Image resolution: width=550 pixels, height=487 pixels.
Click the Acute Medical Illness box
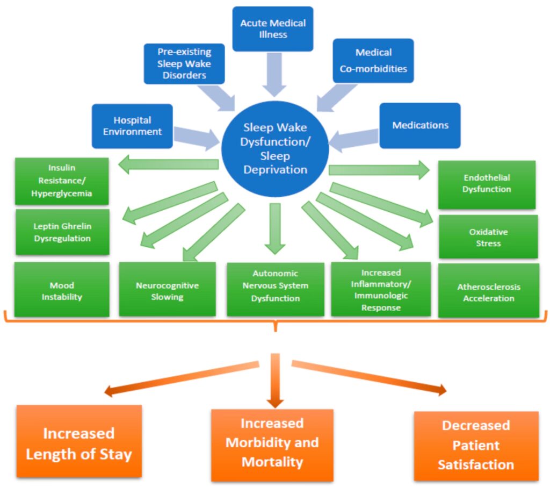click(x=272, y=29)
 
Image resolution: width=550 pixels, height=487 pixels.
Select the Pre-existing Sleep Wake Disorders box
click(x=184, y=64)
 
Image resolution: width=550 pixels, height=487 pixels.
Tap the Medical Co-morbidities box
click(x=373, y=61)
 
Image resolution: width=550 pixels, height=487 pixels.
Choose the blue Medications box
click(x=419, y=126)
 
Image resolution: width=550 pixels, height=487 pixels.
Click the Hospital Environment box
click(x=132, y=126)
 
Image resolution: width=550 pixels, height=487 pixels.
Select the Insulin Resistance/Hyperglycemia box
click(x=62, y=181)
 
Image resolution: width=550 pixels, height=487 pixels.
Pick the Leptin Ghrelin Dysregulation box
click(x=62, y=232)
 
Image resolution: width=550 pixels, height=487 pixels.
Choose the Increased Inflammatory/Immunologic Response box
click(x=381, y=289)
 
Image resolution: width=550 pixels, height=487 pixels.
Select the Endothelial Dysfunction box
click(x=487, y=184)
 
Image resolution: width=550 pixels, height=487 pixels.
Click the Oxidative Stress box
click(x=488, y=237)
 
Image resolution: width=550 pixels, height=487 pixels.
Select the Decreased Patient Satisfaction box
click(x=476, y=446)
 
